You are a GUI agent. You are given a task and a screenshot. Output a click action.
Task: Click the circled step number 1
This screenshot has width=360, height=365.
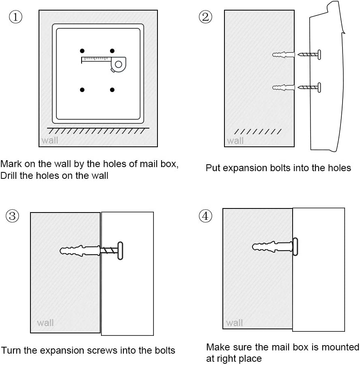pyautogui.click(x=15, y=17)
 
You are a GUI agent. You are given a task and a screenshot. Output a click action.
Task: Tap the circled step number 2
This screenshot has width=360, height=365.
pyautogui.click(x=205, y=17)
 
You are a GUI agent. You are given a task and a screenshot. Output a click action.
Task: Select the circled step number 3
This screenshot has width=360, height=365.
pyautogui.click(x=12, y=216)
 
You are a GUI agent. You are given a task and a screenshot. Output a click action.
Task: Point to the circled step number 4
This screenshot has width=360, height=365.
pyautogui.click(x=205, y=216)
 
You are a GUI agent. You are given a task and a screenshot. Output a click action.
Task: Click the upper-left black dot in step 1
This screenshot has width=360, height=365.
pyautogui.click(x=82, y=51)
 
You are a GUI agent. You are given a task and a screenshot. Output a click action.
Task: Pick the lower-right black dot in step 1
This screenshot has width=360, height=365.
pyautogui.click(x=112, y=90)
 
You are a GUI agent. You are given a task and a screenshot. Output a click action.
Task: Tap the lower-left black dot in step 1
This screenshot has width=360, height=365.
pyautogui.click(x=82, y=90)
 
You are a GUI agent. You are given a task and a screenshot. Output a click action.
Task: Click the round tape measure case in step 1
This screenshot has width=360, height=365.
pyautogui.click(x=118, y=64)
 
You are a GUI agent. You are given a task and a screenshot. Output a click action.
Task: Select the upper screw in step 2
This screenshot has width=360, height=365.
pyautogui.click(x=309, y=54)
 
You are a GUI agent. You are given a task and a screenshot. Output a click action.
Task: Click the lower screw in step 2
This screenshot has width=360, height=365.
pyautogui.click(x=309, y=87)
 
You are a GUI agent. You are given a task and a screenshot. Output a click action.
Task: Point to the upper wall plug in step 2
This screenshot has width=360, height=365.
pyautogui.click(x=284, y=55)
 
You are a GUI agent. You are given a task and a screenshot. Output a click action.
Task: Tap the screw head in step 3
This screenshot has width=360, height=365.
pyautogui.click(x=120, y=250)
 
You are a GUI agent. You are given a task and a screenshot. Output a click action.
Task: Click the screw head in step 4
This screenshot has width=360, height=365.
pyautogui.click(x=295, y=246)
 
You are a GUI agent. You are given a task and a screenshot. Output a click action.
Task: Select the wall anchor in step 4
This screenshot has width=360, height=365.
pyautogui.click(x=272, y=247)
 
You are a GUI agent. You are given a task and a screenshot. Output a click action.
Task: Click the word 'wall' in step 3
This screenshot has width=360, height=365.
pyautogui.click(x=45, y=323)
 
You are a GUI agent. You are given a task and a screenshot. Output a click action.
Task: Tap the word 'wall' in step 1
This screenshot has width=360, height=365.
pyautogui.click(x=50, y=141)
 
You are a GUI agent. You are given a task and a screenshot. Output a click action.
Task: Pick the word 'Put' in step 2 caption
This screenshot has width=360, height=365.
pyautogui.click(x=213, y=168)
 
